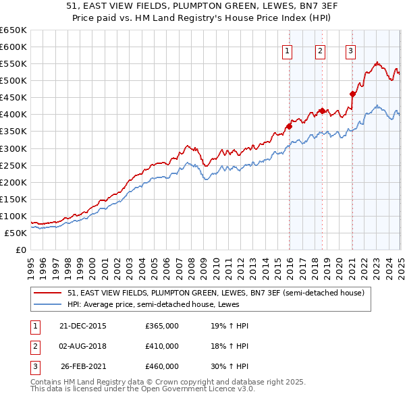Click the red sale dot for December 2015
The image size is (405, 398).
coord(289,125)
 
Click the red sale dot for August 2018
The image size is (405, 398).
coord(322,111)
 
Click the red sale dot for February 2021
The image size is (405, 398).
coord(352,94)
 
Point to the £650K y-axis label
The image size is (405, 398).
coord(13,30)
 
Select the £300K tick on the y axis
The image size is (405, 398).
coord(13,148)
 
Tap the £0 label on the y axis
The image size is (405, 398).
coord(20,250)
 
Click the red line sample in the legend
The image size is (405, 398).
coord(47,293)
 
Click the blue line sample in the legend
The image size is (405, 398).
coord(47,304)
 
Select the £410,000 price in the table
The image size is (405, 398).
coord(162,346)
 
